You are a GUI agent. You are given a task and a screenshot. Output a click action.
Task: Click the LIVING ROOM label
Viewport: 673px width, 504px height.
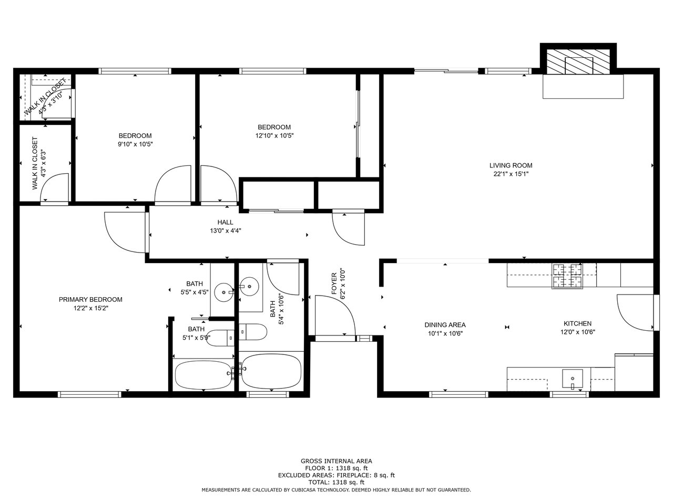[x=511, y=165]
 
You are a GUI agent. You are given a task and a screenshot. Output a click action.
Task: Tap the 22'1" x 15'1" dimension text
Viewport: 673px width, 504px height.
[x=511, y=174]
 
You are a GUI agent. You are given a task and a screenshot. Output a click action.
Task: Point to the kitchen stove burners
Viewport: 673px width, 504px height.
[x=567, y=276]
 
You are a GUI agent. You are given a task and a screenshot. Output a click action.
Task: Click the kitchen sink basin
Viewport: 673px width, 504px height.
[x=572, y=378]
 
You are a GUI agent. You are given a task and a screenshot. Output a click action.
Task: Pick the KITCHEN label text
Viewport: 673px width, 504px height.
[x=578, y=323]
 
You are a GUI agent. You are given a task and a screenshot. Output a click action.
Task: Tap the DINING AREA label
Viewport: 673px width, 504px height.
[x=445, y=325]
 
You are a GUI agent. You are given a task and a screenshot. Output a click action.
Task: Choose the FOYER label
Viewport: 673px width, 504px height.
[x=334, y=283]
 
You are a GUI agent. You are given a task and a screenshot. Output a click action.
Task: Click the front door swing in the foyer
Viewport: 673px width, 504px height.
[x=335, y=316]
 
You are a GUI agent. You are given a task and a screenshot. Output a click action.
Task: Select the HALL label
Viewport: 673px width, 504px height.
[x=225, y=222]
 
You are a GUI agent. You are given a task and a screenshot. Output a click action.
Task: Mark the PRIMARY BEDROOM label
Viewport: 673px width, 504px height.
[x=90, y=300]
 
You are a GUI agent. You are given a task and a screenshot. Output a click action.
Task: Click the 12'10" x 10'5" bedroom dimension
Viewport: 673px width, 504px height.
[x=274, y=135]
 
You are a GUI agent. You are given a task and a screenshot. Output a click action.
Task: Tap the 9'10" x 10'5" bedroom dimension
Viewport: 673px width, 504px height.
[x=135, y=144]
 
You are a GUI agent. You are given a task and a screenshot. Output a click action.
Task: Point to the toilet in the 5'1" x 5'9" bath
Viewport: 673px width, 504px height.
[x=220, y=338]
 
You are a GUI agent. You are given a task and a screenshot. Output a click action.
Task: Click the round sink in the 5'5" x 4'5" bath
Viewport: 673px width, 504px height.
[x=224, y=292]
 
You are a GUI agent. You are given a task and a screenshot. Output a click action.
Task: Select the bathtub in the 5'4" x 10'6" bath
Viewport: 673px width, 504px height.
[x=271, y=372]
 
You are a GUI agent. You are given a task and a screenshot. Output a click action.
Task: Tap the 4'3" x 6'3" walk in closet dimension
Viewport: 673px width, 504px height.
[x=44, y=163]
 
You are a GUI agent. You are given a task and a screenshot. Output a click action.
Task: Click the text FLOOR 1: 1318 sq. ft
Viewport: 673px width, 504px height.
[x=336, y=468]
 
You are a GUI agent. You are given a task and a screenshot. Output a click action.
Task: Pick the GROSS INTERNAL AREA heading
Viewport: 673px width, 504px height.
[x=336, y=461]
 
